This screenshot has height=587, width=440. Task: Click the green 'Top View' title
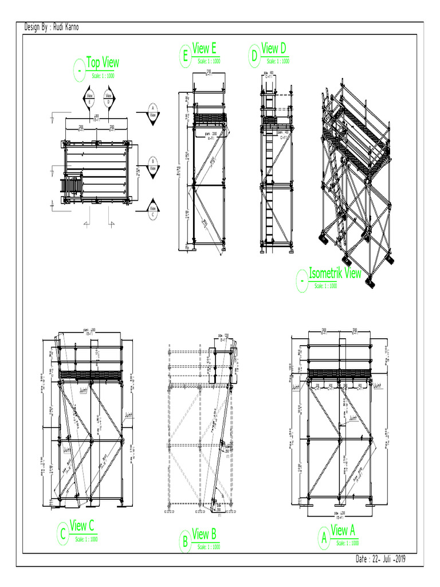click(103, 62)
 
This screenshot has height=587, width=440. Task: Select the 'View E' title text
click(205, 49)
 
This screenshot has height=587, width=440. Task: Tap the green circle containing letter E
click(184, 57)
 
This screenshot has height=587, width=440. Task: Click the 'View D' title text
click(270, 48)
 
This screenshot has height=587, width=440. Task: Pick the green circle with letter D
click(254, 56)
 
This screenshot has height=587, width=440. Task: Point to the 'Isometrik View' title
click(335, 273)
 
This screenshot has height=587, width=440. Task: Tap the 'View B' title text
click(204, 534)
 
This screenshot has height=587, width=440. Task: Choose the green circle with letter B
click(185, 542)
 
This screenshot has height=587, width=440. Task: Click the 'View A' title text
click(343, 530)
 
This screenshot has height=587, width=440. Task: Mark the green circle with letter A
click(324, 539)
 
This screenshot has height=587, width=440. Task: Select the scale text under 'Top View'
click(103, 75)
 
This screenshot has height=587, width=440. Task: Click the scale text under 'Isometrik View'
click(327, 285)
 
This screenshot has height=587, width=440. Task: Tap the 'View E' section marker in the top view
click(90, 98)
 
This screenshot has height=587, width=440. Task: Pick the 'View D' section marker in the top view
click(109, 98)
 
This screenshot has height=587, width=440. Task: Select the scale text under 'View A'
click(348, 543)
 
